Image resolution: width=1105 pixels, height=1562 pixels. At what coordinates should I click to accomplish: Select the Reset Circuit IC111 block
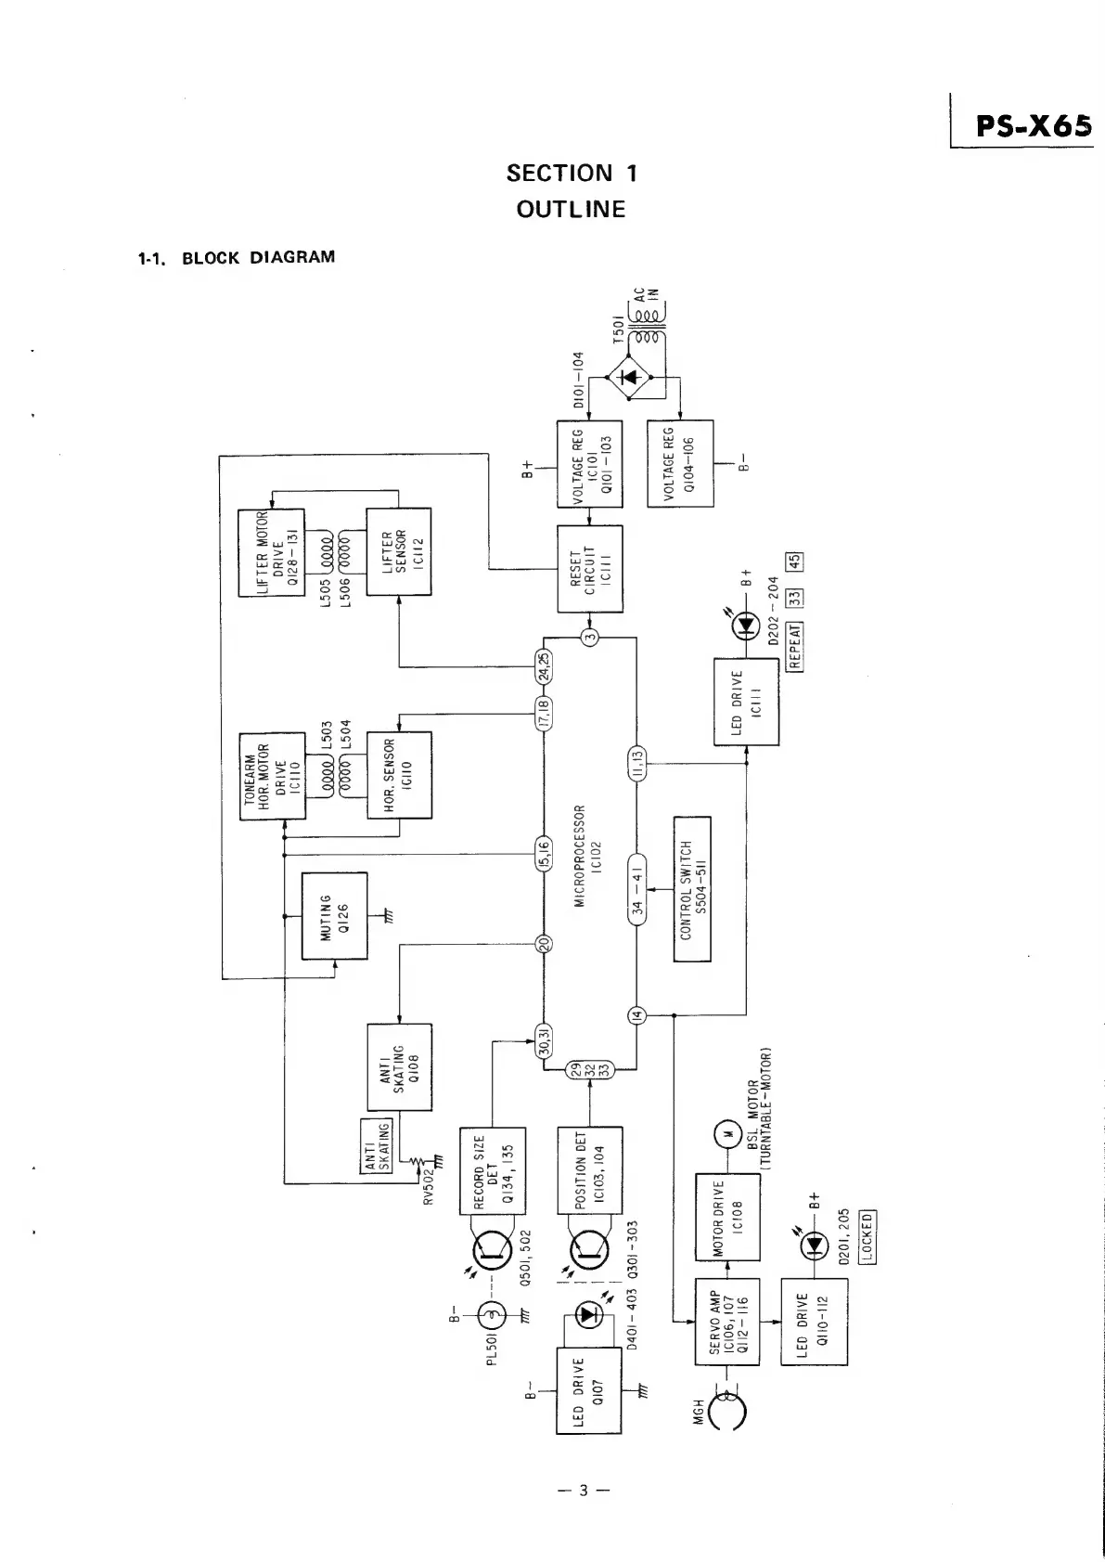(x=589, y=568)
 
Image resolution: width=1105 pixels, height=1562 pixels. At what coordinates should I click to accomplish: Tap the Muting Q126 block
(x=335, y=916)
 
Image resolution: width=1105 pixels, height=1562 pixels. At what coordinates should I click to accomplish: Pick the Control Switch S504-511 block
(x=692, y=889)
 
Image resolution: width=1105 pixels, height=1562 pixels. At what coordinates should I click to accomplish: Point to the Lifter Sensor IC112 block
(x=399, y=553)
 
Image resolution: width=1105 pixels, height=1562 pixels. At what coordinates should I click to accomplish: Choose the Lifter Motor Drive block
(x=272, y=553)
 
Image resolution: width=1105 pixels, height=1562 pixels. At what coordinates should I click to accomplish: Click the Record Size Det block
(x=493, y=1170)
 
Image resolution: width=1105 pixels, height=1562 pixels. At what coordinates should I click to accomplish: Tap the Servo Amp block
(x=726, y=1322)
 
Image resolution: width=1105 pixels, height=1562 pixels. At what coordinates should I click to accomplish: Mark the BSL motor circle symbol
(x=726, y=1133)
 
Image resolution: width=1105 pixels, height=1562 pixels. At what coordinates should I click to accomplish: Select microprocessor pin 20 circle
(x=546, y=944)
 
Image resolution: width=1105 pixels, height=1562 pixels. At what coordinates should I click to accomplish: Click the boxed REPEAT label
(x=794, y=645)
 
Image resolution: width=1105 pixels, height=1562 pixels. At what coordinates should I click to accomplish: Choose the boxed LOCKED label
(x=867, y=1237)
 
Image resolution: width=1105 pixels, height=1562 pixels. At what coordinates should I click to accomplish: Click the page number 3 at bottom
(x=584, y=1491)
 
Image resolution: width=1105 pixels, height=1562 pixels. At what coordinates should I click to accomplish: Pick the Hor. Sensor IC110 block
(x=399, y=776)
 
